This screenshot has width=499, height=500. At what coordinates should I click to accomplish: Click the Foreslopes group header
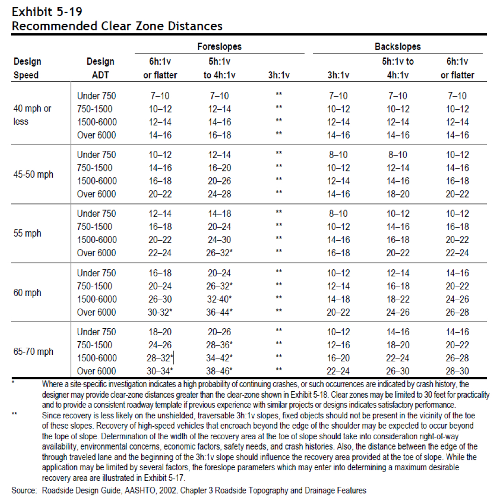coord(219,47)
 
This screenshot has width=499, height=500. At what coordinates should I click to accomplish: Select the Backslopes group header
coord(397,47)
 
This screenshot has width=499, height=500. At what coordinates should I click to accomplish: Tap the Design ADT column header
coord(100,68)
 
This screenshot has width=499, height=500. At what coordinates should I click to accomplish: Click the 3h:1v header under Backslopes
coord(338,75)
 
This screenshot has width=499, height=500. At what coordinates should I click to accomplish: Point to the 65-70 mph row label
coord(33,352)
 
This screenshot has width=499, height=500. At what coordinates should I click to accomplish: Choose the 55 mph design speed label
coord(28,233)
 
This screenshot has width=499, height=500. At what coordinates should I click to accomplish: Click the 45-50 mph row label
coord(33,175)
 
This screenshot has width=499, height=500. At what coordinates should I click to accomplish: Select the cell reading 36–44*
coord(220,312)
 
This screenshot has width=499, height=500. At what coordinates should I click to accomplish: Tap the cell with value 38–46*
coord(220,371)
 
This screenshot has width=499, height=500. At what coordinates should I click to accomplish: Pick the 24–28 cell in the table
coord(220,194)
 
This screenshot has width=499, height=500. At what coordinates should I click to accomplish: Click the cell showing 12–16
coord(338,345)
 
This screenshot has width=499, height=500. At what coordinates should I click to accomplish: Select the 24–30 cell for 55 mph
coord(220,240)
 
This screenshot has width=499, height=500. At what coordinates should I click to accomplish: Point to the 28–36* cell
coord(220,345)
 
